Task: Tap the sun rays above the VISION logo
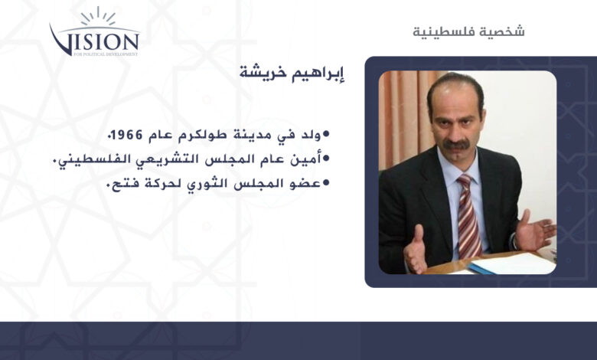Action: [98, 16]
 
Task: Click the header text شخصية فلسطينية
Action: [468, 31]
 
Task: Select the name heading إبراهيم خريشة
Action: [292, 72]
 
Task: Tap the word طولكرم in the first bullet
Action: [202, 135]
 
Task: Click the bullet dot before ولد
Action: [326, 134]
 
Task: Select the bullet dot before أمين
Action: [326, 159]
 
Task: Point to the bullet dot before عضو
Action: [326, 183]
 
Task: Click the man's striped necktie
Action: [468, 216]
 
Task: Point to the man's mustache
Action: [456, 145]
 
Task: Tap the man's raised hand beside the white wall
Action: [535, 230]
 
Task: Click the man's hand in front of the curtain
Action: [416, 249]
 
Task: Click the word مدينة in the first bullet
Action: [250, 135]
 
